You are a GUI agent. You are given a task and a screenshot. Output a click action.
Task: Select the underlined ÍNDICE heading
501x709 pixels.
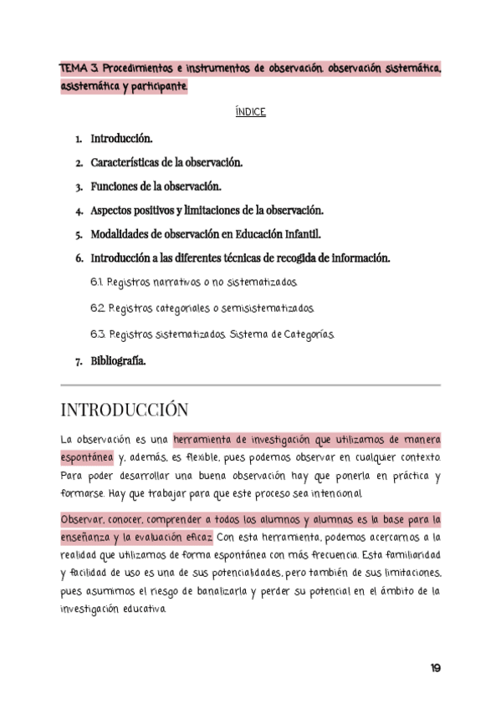click(251, 111)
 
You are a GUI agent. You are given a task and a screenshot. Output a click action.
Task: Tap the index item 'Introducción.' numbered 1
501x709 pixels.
click(121, 139)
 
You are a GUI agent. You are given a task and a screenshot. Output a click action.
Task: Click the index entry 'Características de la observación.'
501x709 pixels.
click(166, 162)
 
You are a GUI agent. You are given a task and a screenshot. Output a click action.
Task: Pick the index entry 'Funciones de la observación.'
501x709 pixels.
click(156, 186)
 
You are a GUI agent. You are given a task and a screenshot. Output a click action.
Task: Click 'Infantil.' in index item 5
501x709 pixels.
click(299, 235)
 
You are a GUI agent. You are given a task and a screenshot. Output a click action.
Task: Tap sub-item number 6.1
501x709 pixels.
click(96, 283)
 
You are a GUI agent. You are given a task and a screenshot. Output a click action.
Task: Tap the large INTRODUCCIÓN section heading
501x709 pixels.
click(125, 410)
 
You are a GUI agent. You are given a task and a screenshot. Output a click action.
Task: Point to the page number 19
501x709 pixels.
click(435, 668)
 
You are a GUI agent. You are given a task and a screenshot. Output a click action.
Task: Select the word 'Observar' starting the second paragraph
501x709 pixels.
click(82, 519)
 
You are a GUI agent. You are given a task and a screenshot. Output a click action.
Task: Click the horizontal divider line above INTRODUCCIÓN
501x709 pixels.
click(251, 385)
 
